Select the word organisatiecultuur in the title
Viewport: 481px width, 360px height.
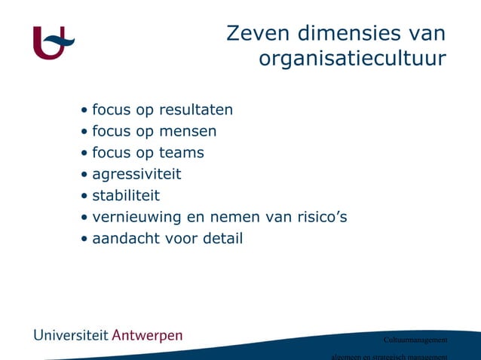[352, 59]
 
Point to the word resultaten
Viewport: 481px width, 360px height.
[196, 110]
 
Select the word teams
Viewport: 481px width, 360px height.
[181, 153]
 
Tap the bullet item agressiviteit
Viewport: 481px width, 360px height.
[136, 175]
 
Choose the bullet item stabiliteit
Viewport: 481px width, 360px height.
[126, 197]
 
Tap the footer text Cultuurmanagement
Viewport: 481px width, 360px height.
[415, 340]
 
